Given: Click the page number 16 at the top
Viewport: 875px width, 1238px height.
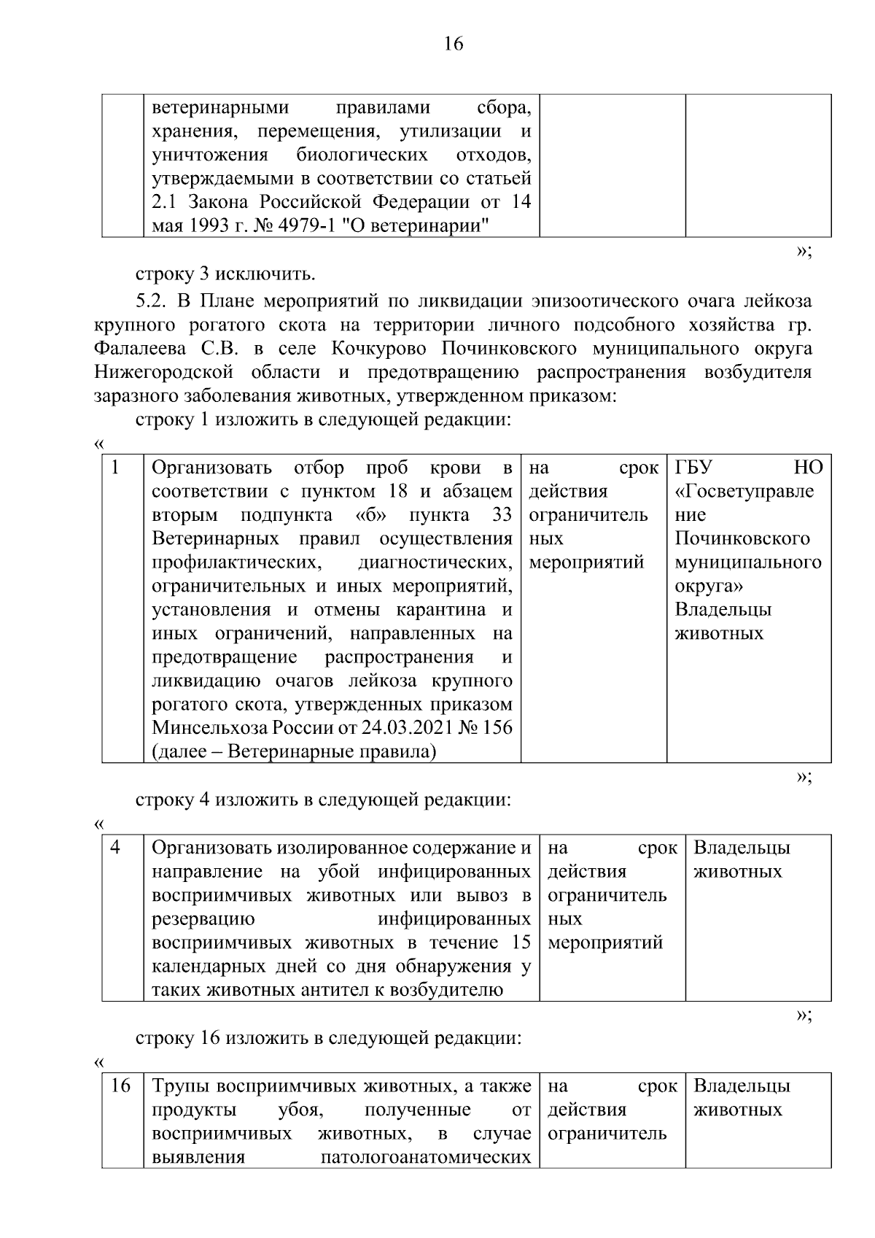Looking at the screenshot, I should [x=453, y=44].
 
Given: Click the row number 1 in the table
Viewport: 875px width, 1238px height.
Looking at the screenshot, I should [x=114, y=467].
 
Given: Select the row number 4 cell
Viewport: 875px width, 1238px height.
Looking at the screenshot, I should [x=115, y=848].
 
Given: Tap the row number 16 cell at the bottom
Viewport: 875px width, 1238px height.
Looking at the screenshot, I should [x=120, y=1086].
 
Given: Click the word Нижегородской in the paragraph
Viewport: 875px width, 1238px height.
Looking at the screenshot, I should [x=163, y=372].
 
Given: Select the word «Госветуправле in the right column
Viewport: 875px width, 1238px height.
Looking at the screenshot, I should [x=744, y=491].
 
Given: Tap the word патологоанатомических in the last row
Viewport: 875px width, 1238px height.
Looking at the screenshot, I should [x=426, y=1157].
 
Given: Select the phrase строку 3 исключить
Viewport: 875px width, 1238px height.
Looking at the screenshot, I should [x=225, y=274].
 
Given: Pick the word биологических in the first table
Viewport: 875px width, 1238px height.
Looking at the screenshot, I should [x=362, y=155].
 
